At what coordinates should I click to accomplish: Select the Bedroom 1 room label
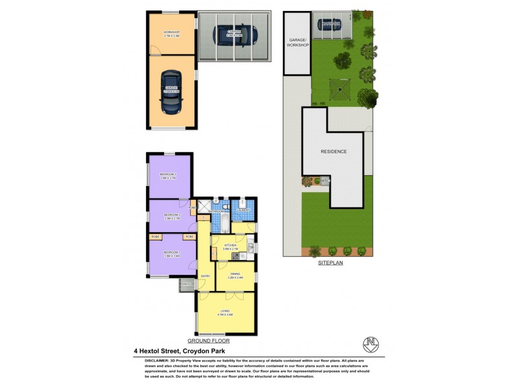(x=171, y=253)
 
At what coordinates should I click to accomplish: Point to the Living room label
(x=226, y=313)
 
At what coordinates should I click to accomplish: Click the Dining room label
(x=235, y=276)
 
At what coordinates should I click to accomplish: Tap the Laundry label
(x=244, y=210)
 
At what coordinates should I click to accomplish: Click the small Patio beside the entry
(x=186, y=285)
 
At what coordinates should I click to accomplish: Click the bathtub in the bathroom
(x=220, y=224)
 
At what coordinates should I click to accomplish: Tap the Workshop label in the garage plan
(x=171, y=34)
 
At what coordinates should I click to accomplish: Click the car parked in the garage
(x=171, y=92)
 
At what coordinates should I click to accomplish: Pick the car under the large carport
(x=234, y=35)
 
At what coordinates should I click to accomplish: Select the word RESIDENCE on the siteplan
(x=334, y=152)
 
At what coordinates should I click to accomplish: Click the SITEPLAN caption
(x=330, y=264)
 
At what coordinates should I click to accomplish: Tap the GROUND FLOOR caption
(x=208, y=341)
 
